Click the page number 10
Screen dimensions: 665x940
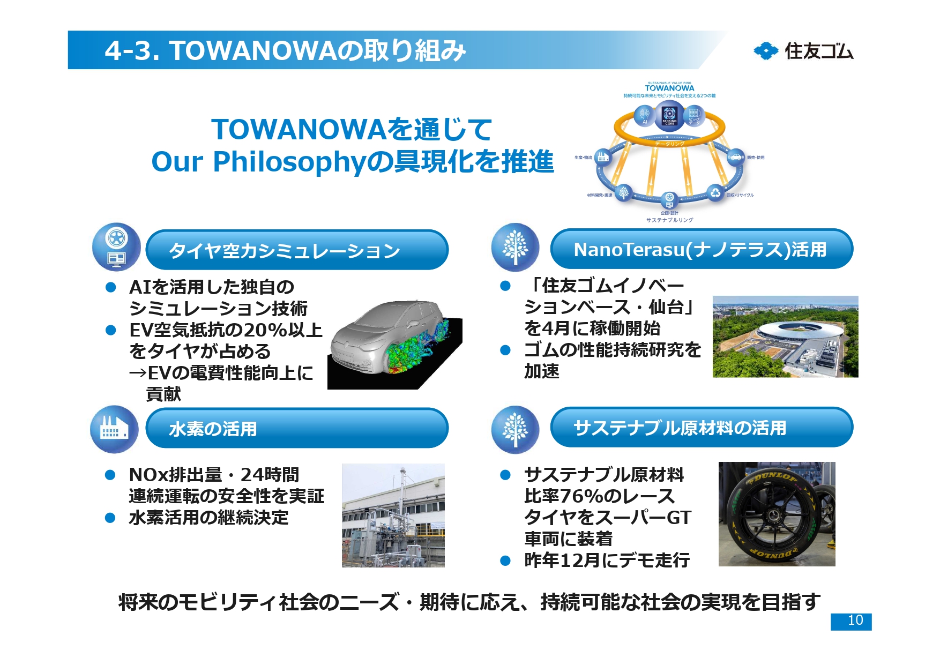click(x=855, y=621)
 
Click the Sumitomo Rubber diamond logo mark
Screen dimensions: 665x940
click(x=765, y=51)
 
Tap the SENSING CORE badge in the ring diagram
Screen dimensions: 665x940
click(x=669, y=115)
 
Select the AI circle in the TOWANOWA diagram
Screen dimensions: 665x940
click(x=645, y=115)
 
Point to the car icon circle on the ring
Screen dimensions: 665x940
click(x=735, y=157)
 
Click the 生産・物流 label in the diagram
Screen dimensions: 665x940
click(x=583, y=158)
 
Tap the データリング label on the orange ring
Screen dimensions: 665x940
click(x=669, y=144)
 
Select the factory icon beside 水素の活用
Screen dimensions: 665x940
click(x=114, y=429)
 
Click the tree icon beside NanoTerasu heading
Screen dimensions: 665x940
click(x=515, y=248)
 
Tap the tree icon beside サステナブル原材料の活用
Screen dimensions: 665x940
click(x=515, y=429)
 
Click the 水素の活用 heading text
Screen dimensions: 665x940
click(x=213, y=429)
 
